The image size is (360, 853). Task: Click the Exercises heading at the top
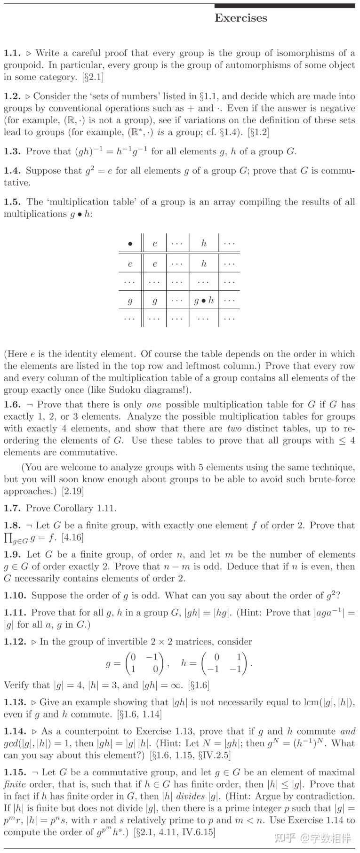240,18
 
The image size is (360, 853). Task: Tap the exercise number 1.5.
12,202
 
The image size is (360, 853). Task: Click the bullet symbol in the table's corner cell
130,244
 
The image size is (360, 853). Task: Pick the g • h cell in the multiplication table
204,300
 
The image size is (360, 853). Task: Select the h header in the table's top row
203,243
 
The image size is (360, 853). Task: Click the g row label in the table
130,300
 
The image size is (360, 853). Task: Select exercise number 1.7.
12,508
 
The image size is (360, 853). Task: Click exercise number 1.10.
15,595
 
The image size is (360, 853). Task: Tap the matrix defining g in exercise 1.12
145,663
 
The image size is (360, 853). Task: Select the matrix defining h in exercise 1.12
226,663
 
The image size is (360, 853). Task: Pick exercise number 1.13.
15,702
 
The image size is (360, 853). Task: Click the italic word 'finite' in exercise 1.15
15,784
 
